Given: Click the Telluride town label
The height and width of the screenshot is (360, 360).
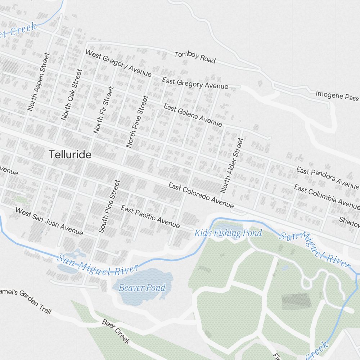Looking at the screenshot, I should click(70, 155).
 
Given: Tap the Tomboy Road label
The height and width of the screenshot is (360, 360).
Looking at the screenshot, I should click(195, 57).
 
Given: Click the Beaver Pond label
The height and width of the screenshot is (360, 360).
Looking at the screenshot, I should click(142, 287).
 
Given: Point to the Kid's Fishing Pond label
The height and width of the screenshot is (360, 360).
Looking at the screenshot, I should click(228, 233).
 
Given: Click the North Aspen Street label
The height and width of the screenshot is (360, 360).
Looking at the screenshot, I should click(38, 82).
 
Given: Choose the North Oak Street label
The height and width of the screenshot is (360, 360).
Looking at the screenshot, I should click(72, 94).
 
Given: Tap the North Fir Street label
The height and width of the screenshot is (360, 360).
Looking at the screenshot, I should click(104, 110).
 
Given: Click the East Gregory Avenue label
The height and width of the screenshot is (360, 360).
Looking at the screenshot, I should click(195, 83).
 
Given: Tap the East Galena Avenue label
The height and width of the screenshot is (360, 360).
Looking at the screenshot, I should click(193, 115).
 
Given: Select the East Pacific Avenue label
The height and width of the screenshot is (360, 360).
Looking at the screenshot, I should click(150, 216).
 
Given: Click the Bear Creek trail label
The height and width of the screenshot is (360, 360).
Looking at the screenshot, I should click(116, 332).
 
